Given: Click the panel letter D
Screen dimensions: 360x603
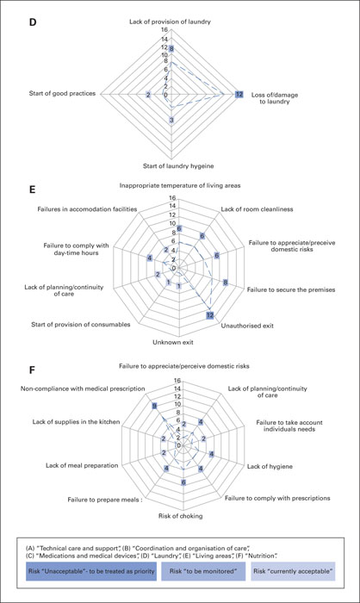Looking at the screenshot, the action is point(33,22).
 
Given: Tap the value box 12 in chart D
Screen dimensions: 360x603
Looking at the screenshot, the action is point(239,94).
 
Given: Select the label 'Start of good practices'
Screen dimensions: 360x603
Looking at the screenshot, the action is point(62,93).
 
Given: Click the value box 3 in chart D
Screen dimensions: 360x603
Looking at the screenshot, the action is point(171,120).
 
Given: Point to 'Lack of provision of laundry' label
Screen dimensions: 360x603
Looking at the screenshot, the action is point(170,22).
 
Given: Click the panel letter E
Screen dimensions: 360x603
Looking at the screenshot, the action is point(33,190).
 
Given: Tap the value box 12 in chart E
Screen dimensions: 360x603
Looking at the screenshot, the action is point(209,315).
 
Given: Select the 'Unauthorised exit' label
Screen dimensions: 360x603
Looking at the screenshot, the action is point(247,326).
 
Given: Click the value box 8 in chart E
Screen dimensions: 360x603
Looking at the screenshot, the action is point(226,283).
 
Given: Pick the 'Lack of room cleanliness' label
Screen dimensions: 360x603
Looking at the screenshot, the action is point(257,209).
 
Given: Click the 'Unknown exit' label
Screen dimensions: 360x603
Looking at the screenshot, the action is point(173,342).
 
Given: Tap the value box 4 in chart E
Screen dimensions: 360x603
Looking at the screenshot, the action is point(150,258).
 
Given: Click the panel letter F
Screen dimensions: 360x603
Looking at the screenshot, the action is point(33,370).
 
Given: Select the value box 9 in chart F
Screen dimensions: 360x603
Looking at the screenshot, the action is point(154,406).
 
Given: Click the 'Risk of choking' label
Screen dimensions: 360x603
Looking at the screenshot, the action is point(180,516).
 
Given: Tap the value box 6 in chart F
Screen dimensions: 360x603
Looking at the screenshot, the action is point(183,482).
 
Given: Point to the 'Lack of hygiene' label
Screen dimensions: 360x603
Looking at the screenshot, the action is point(270,467).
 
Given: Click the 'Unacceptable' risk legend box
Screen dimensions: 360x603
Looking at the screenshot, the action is point(91,571).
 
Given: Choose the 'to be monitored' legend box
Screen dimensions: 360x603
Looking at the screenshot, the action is point(203,571).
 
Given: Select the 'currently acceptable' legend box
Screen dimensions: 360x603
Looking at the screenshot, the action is point(293,571).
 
